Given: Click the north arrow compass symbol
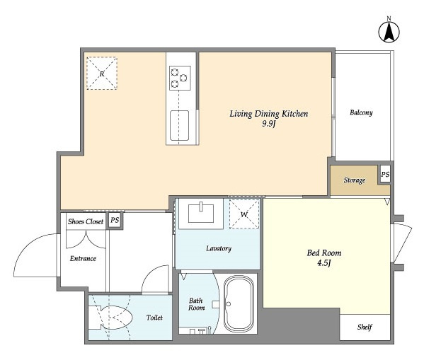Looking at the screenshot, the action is click(x=389, y=32).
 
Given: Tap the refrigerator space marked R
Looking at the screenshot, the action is click(x=102, y=74).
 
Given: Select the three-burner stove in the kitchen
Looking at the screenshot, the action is click(x=180, y=78).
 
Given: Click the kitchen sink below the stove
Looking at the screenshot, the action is click(x=179, y=125).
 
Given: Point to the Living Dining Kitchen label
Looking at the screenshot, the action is click(x=269, y=114).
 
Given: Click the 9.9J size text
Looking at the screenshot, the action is click(x=268, y=124).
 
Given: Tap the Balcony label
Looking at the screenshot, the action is click(x=361, y=112).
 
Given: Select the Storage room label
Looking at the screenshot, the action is click(x=355, y=180).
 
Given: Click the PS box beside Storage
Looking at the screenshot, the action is click(x=385, y=175).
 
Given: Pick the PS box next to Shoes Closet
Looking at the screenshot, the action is click(x=115, y=220).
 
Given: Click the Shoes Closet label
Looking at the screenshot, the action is click(x=86, y=221).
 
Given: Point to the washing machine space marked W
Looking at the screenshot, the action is click(x=244, y=214).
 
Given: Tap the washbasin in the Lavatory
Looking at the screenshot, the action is click(x=201, y=214).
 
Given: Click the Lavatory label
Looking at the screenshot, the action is click(x=219, y=248).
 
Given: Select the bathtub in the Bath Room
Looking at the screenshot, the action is click(x=239, y=303).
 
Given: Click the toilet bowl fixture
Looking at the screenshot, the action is click(x=110, y=318).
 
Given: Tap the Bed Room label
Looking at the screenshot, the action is click(x=324, y=253).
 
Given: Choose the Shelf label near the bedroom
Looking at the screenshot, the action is click(x=365, y=327).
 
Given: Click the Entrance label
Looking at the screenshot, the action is click(x=83, y=259).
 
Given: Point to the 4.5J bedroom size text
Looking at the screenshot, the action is click(x=324, y=263).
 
